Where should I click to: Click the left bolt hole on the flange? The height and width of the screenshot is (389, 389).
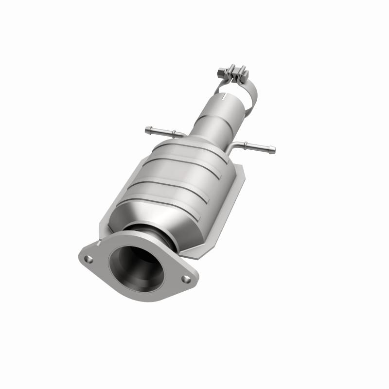pos(88,259)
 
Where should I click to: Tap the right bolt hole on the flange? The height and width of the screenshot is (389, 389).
pos(186,279)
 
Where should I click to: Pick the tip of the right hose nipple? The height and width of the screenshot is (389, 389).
pos(273,149)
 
